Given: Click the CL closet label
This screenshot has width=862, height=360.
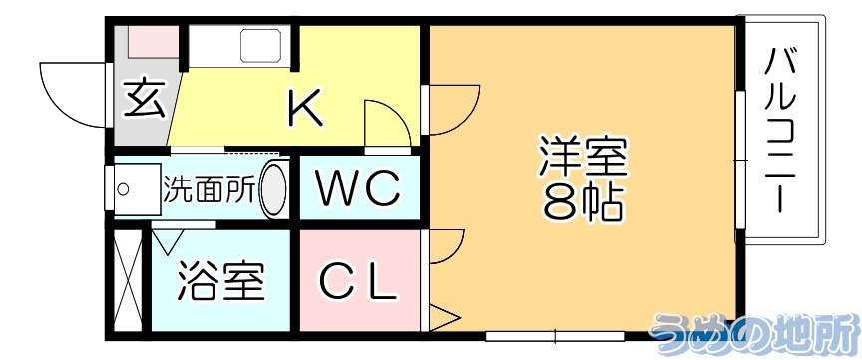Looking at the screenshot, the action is [x=359, y=283].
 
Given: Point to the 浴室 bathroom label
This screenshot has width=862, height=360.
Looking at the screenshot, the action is [x=220, y=282].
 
